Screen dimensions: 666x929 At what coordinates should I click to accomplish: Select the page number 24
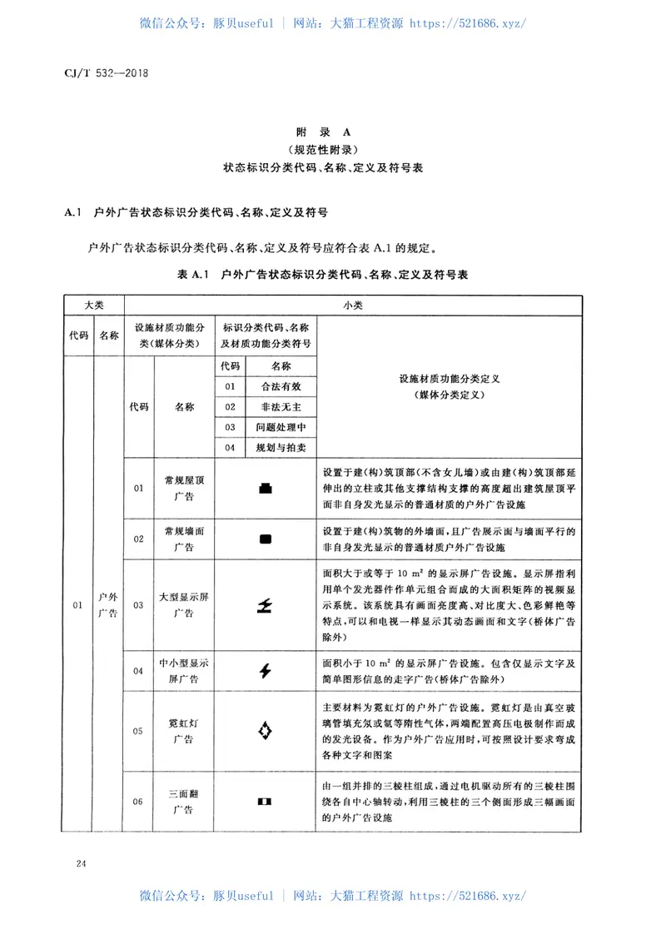tap(81, 865)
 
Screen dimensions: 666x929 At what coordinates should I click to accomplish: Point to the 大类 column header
tap(93, 306)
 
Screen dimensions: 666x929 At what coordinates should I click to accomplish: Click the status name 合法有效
tap(276, 386)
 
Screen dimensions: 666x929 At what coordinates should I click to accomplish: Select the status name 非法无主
tap(276, 406)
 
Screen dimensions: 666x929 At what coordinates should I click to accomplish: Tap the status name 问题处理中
tap(276, 427)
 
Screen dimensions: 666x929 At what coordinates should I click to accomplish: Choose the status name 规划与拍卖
tap(276, 448)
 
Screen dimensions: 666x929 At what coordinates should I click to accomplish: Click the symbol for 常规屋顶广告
tap(266, 489)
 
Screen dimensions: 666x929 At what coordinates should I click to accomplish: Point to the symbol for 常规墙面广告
tap(266, 539)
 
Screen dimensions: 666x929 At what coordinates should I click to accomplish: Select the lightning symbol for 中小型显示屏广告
tap(266, 670)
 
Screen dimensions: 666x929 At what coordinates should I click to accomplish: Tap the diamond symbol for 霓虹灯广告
tap(266, 732)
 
